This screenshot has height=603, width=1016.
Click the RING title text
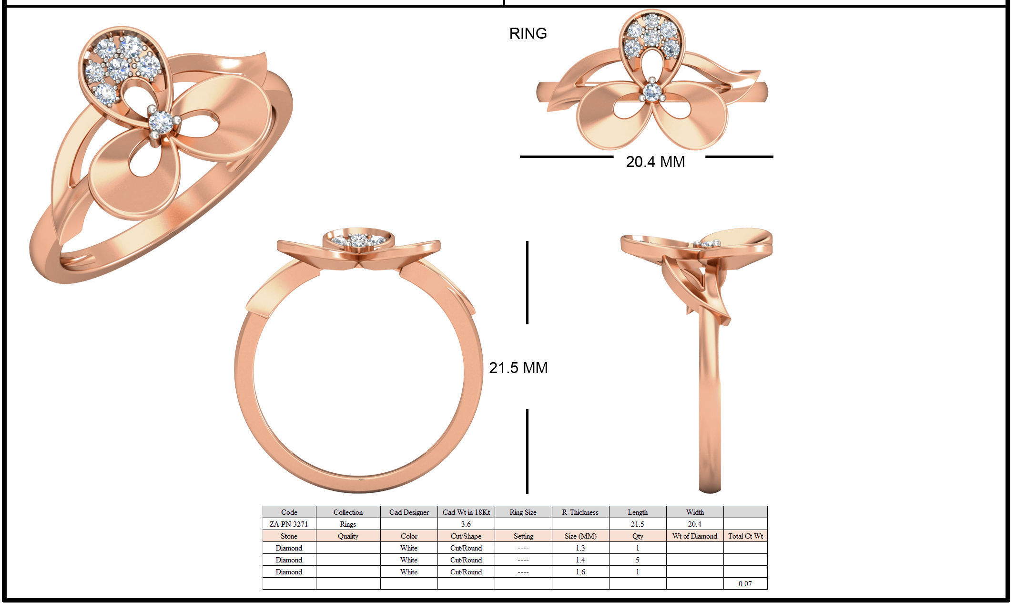[x=528, y=33]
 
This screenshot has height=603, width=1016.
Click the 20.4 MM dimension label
[x=655, y=162]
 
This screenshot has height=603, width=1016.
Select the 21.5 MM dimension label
[x=518, y=368]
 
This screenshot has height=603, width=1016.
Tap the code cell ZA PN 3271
[x=289, y=524]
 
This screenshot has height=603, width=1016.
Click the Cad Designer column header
[x=408, y=512]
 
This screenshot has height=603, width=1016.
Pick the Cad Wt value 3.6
[x=466, y=524]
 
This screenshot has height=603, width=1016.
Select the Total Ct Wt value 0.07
[x=745, y=583]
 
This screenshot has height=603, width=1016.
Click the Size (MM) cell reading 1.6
[x=580, y=572]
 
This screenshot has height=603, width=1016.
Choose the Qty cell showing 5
[x=637, y=560]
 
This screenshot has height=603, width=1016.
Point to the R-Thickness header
[x=580, y=512]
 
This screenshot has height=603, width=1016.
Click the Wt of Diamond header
[x=694, y=536]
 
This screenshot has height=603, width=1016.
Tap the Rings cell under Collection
[x=348, y=524]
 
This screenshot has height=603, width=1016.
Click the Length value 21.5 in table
[x=637, y=524]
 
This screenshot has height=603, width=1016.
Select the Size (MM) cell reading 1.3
[x=580, y=548]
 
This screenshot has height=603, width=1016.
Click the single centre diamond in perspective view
[x=161, y=122]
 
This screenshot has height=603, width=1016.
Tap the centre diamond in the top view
[x=651, y=92]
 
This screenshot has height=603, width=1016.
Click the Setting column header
[x=523, y=536]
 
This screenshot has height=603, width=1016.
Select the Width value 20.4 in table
[x=694, y=524]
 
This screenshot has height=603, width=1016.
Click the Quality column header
[x=348, y=536]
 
